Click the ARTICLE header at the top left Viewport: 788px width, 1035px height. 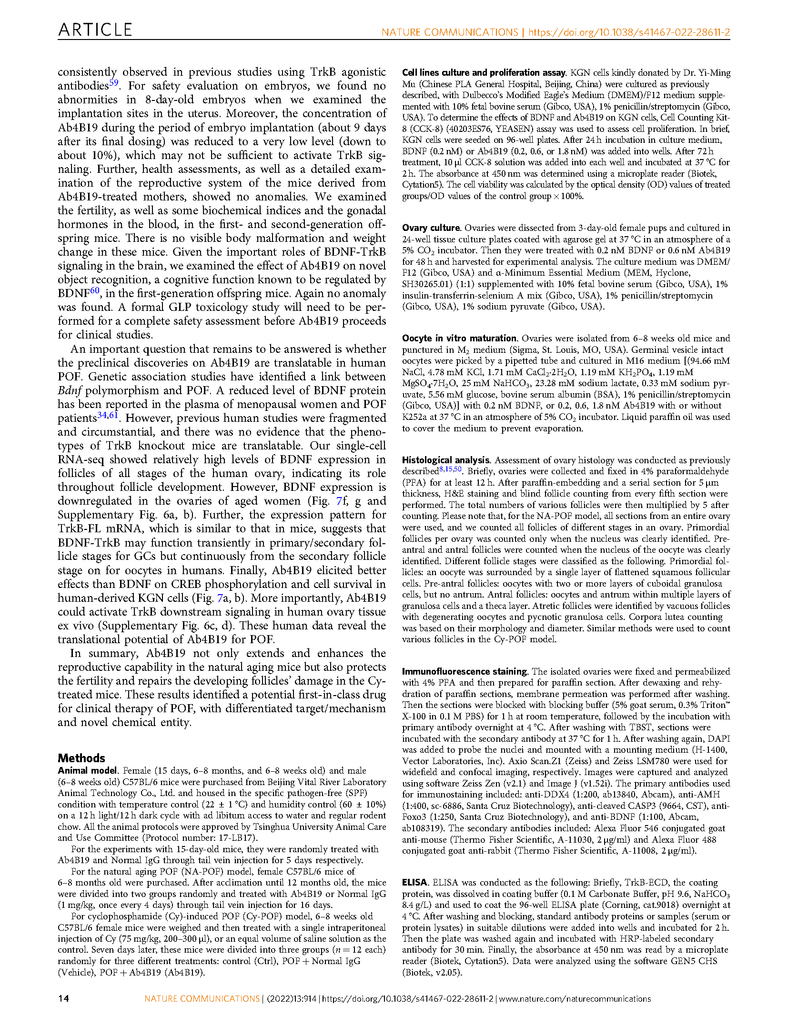click(95, 30)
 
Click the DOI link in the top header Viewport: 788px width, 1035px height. click(629, 32)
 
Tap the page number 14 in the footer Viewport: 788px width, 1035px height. click(63, 998)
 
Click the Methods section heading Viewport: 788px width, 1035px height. click(81, 758)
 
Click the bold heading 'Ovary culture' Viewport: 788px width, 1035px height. click(431, 228)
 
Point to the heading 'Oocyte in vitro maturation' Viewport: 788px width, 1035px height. click(459, 338)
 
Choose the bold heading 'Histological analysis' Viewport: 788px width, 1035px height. click(446, 460)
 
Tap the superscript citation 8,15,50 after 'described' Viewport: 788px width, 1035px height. click(450, 469)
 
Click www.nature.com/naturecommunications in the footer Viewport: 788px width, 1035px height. click(575, 998)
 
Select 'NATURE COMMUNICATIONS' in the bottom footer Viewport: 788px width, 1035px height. click(202, 998)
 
